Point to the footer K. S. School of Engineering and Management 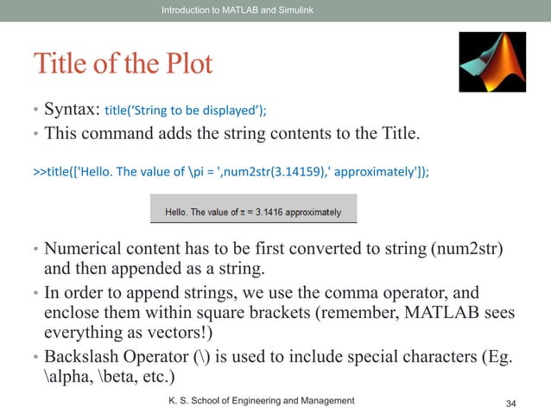click(x=261, y=400)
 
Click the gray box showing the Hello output click(x=251, y=211)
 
